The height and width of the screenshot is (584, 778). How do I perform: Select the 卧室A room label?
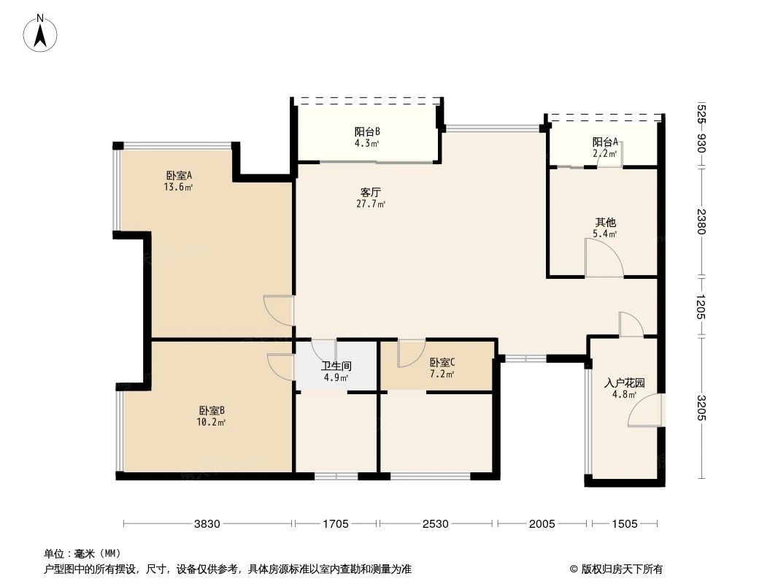[179, 175]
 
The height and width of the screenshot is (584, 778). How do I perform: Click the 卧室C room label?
[442, 363]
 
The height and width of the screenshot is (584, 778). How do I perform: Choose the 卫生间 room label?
[336, 366]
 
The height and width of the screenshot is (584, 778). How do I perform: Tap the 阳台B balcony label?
[367, 132]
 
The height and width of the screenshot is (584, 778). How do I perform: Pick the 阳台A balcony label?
[605, 142]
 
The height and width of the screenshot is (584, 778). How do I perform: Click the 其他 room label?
[605, 223]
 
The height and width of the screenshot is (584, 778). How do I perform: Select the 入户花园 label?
[624, 383]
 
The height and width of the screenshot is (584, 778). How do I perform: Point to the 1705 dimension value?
[336, 523]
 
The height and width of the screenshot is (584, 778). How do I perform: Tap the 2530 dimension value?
[436, 523]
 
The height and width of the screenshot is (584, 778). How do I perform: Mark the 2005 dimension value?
[542, 523]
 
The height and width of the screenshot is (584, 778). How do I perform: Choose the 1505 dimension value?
[625, 523]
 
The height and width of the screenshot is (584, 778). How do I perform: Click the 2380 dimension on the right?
[702, 222]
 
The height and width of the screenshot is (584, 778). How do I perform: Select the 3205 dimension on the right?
[702, 407]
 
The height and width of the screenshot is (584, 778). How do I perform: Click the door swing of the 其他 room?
[604, 258]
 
